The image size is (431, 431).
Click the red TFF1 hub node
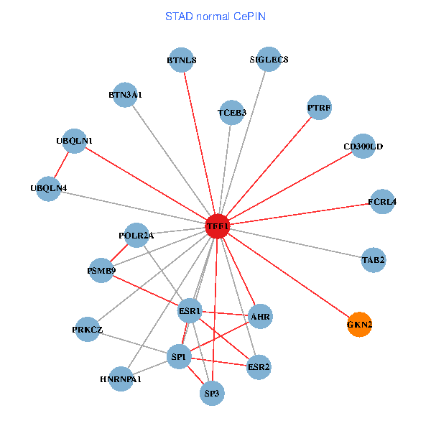pos(217,226)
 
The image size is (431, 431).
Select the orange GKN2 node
pos(359,324)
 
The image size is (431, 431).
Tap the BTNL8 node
pos(182,60)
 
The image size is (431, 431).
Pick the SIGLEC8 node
pos(269,60)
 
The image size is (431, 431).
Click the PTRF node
pos(319,108)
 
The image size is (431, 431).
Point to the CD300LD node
pos(363,147)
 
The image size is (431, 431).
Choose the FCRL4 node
pos(382,201)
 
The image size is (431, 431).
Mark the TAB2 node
pos(374,259)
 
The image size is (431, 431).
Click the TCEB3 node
pos(232,112)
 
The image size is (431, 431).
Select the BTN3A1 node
pos(125,94)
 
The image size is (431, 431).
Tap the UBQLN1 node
pos(75,141)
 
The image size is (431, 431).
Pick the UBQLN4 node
pos(49,188)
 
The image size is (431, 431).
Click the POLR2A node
pos(136,235)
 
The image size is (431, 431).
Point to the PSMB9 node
pos(101,271)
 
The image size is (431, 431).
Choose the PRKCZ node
pos(88,330)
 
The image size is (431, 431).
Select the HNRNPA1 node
pos(121,379)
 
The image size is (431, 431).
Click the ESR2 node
pos(259,367)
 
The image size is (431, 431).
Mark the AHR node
pos(260,315)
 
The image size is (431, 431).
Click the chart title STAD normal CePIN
pos(215,17)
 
